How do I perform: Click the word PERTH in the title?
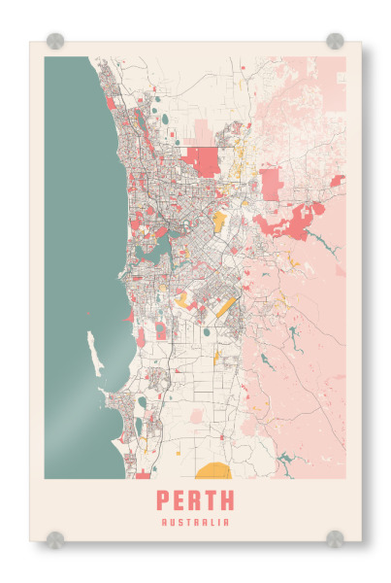(195, 501)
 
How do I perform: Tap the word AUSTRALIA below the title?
(195, 522)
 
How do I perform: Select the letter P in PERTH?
(162, 501)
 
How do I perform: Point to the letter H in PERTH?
(227, 501)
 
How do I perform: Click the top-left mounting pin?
(55, 41)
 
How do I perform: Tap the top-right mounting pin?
(335, 41)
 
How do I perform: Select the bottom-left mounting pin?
(55, 537)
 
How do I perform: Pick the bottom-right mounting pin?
(335, 537)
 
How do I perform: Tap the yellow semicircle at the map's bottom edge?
(212, 472)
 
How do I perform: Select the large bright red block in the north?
(203, 160)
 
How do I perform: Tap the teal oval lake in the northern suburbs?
(164, 120)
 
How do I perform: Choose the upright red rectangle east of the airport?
(270, 183)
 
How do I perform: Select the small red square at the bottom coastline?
(144, 475)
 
